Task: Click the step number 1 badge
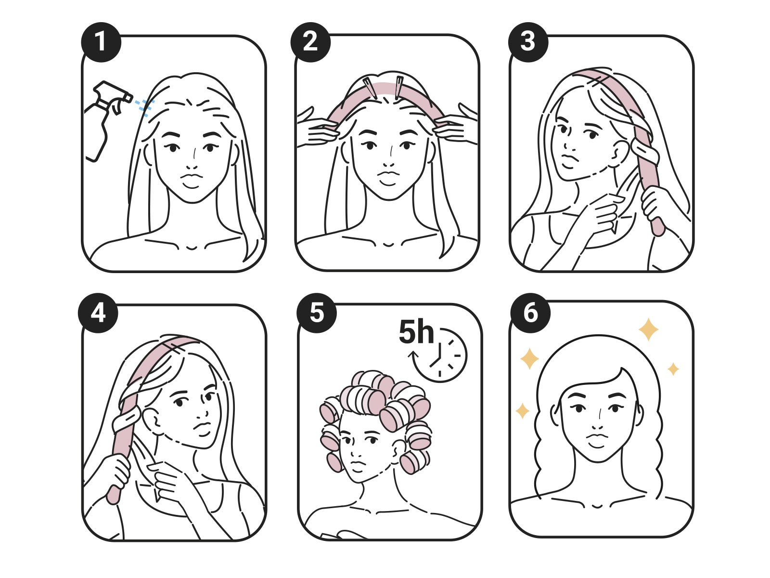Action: pos(101,42)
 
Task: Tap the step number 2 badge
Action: pos(310,42)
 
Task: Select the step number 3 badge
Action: pos(528,42)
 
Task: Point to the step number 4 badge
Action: pos(98,313)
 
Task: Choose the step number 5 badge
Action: pos(316,313)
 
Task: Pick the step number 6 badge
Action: pos(530,313)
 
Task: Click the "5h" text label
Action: pos(416,332)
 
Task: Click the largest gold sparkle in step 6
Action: pos(648,329)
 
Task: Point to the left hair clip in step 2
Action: pos(370,88)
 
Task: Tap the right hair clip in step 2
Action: pos(399,87)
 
